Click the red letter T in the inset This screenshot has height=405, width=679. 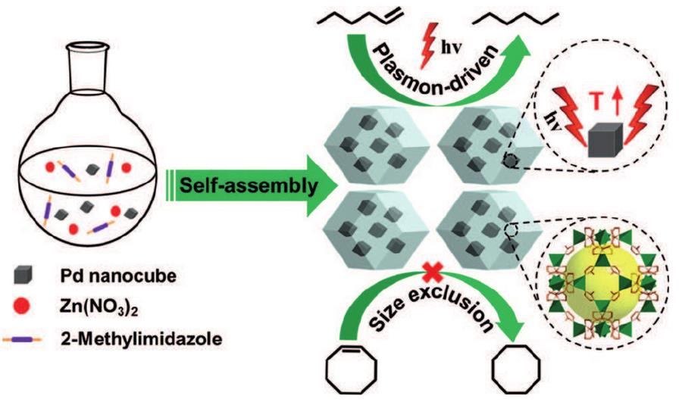point(596,101)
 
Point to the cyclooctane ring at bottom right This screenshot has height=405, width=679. point(518,374)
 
